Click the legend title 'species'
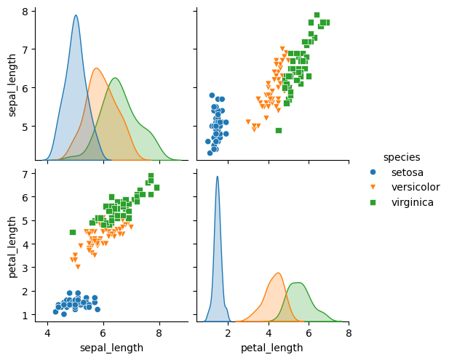click(x=402, y=156)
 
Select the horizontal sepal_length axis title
click(x=111, y=348)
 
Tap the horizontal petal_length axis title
click(x=272, y=348)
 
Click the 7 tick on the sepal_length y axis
click(x=28, y=49)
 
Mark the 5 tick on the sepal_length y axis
click(x=28, y=126)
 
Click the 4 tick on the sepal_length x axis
click(x=48, y=333)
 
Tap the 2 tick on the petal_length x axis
click(x=228, y=333)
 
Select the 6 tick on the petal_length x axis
click(x=309, y=333)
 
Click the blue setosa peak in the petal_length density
click(x=217, y=177)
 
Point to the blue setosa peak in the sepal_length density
click(x=76, y=16)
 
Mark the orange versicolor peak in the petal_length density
click(x=278, y=273)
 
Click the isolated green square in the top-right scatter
click(x=279, y=130)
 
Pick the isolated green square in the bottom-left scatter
click(x=73, y=232)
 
